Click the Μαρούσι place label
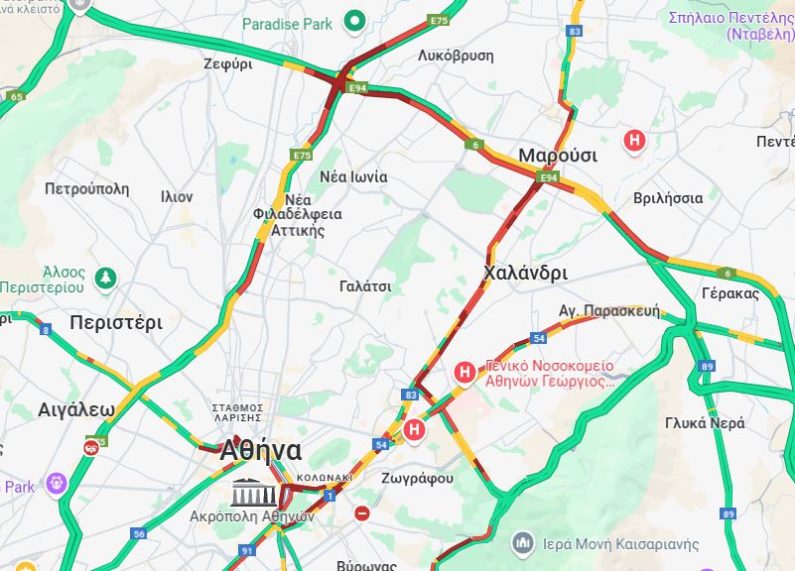click(557, 156)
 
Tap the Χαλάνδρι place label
click(525, 273)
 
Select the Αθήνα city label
click(260, 451)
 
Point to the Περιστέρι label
click(115, 322)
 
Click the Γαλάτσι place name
click(364, 285)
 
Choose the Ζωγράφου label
click(417, 478)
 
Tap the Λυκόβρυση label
click(457, 56)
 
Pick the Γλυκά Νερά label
click(705, 422)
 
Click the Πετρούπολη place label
click(87, 187)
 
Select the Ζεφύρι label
click(228, 63)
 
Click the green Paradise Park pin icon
click(353, 21)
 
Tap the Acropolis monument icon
click(248, 492)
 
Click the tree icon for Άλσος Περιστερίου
click(106, 277)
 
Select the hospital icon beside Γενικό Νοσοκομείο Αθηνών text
click(464, 373)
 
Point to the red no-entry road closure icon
click(362, 514)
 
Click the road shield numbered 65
click(16, 96)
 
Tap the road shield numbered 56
click(139, 533)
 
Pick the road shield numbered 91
click(247, 550)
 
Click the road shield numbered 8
click(45, 329)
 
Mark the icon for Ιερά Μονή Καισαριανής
click(523, 543)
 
